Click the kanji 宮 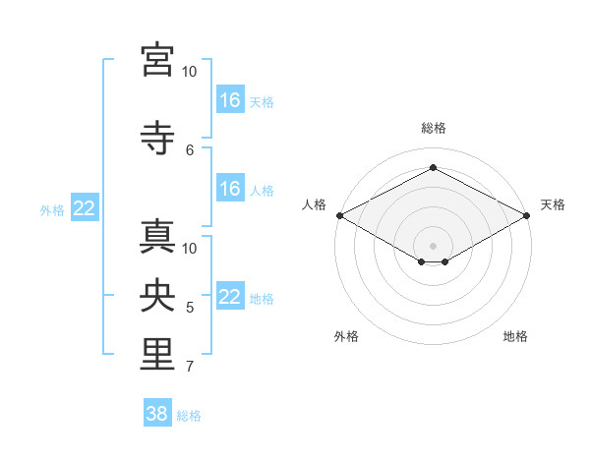157,60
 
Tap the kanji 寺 157,138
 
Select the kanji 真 157,237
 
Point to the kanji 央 157,295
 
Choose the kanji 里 157,354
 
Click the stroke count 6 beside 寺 190,150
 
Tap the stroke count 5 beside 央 190,308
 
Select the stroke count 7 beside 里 190,366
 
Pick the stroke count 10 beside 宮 189,72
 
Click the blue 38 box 157,412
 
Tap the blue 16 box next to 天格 230,99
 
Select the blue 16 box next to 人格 230,188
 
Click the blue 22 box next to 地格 230,295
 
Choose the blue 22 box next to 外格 85,207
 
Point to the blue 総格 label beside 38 189,416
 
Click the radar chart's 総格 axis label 434,128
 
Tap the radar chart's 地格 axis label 515,336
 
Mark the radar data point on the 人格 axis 340,215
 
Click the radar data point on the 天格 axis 527,215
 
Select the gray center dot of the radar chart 433,246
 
